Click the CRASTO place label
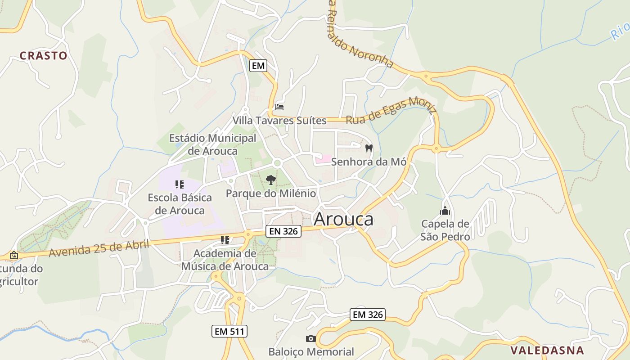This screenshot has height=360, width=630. (x=43, y=56)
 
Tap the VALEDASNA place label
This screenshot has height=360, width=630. (x=547, y=350)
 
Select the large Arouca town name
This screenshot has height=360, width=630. (x=343, y=219)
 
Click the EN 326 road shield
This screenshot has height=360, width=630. (x=283, y=231)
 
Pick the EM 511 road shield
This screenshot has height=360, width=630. (x=229, y=332)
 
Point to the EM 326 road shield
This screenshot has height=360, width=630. (x=368, y=315)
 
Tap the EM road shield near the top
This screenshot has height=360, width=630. (x=258, y=66)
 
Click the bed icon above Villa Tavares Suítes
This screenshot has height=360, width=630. (x=279, y=107)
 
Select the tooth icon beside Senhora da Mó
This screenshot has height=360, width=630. (x=369, y=148)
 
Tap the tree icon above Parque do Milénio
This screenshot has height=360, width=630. (x=270, y=180)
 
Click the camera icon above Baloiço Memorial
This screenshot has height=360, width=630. (x=310, y=338)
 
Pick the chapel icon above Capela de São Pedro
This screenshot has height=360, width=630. (x=445, y=211)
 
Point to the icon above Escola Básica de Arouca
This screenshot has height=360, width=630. (x=180, y=184)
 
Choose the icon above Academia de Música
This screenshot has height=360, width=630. (x=225, y=240)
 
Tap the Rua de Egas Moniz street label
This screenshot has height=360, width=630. (x=391, y=111)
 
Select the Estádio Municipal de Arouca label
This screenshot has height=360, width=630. (x=212, y=144)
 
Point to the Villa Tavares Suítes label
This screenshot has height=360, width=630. (x=279, y=121)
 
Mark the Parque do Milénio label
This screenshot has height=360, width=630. (x=270, y=193)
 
